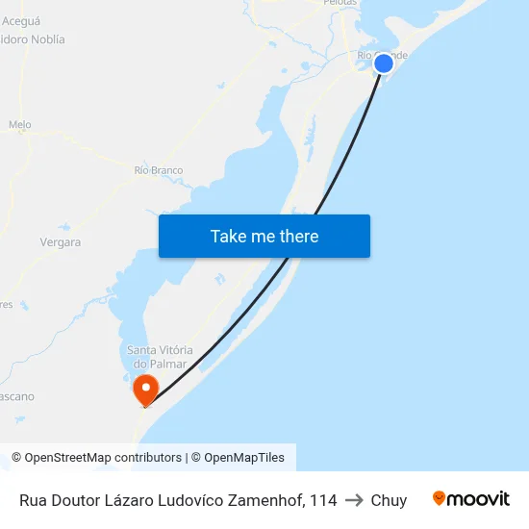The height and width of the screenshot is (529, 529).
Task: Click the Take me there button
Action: click(264, 237)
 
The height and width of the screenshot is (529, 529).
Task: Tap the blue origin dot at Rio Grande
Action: click(383, 63)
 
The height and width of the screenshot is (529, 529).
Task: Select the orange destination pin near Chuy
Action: click(146, 390)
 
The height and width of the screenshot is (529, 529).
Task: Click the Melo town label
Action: click(19, 125)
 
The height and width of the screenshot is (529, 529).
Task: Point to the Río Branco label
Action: click(159, 170)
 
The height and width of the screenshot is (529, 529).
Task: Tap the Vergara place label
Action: click(61, 242)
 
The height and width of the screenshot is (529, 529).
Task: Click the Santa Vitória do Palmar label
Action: click(160, 357)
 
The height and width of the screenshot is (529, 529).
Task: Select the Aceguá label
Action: click(21, 19)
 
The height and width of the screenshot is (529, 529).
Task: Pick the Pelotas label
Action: click(340, 3)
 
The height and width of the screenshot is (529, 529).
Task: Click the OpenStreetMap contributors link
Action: click(103, 458)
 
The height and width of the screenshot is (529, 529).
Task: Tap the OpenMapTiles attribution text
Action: click(244, 458)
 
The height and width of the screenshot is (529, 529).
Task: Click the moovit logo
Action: click(470, 499)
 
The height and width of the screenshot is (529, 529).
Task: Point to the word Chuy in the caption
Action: click(389, 500)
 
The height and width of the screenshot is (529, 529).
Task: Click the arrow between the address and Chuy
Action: click(354, 500)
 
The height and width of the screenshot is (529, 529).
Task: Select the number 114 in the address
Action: click(323, 500)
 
